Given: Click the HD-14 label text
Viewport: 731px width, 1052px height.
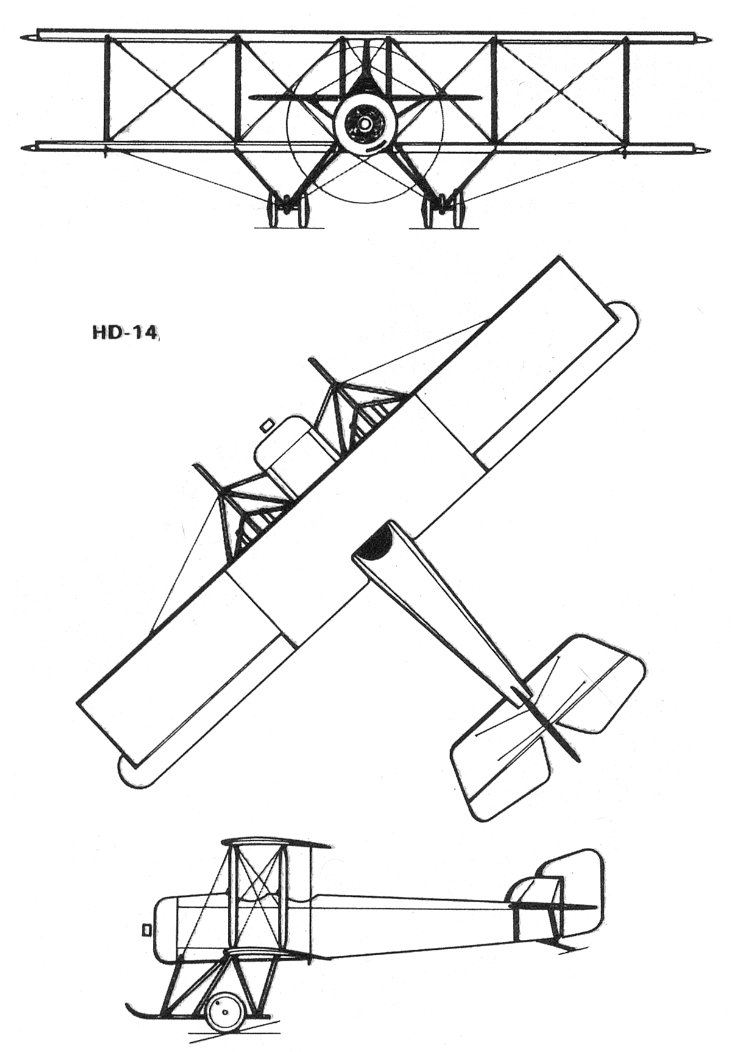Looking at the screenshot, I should point(124,334).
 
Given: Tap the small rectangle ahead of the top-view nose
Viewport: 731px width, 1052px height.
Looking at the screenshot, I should point(265,424).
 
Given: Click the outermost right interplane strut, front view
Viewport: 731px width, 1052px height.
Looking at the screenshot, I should point(626,90).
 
